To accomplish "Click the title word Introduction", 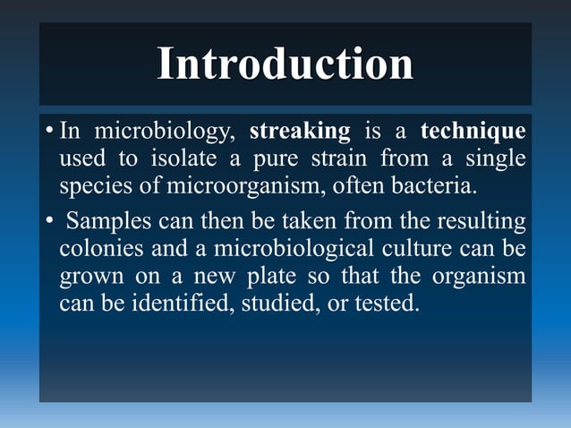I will click(x=285, y=64).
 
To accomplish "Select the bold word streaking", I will click(x=299, y=132).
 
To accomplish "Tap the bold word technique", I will click(x=473, y=132).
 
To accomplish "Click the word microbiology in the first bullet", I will click(x=166, y=132).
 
